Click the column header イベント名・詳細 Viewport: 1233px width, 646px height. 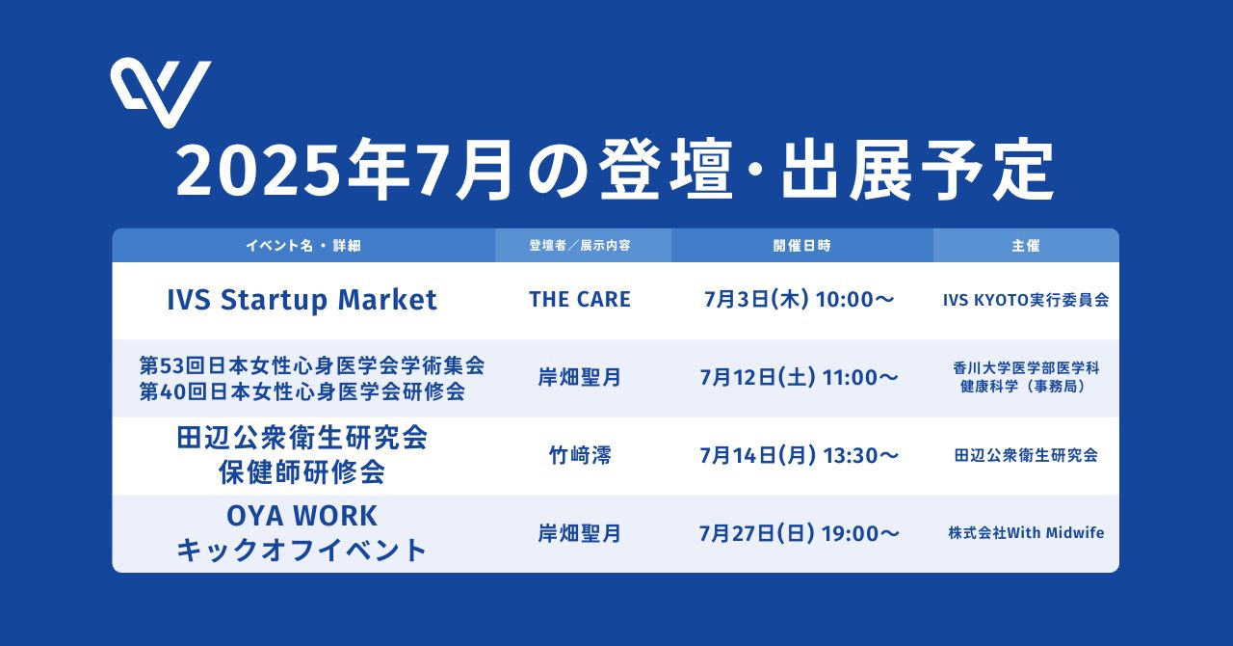[x=303, y=245]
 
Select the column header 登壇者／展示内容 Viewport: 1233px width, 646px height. [x=580, y=245]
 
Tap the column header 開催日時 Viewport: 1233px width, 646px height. [x=801, y=245]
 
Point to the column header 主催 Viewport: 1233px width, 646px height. [x=1026, y=245]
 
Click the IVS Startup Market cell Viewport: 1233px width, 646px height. [x=302, y=300]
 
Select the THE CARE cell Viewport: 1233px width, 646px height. [x=580, y=299]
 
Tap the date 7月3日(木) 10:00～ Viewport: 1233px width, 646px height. [x=800, y=299]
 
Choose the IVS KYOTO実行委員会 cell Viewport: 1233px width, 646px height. [x=1026, y=300]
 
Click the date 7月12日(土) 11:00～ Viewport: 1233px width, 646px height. [x=800, y=378]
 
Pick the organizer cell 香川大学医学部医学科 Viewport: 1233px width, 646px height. [x=1026, y=367]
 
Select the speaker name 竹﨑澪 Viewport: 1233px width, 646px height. [x=580, y=455]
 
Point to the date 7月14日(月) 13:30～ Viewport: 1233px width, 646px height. [x=800, y=455]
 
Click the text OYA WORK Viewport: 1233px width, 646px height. [x=302, y=516]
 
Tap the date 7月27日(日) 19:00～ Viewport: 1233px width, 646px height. [x=800, y=533]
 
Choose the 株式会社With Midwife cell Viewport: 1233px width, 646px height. [x=1026, y=532]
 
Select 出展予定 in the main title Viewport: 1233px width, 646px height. [x=918, y=170]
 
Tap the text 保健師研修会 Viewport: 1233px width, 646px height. [x=302, y=471]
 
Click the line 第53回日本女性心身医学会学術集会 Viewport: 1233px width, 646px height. [x=311, y=365]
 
